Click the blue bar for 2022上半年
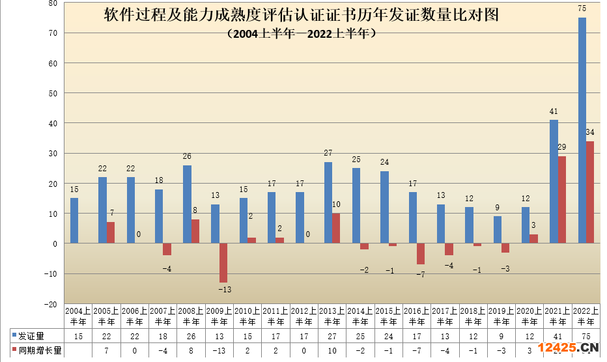click(582, 130)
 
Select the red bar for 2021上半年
click(561, 199)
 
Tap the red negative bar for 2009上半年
click(223, 262)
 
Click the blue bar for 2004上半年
click(74, 221)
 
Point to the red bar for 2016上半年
click(420, 254)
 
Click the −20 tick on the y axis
click(51, 304)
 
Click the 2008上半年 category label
click(191, 316)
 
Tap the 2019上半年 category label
click(500, 316)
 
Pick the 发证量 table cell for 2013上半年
click(332, 336)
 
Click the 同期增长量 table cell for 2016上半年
click(416, 350)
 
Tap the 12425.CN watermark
click(568, 348)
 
